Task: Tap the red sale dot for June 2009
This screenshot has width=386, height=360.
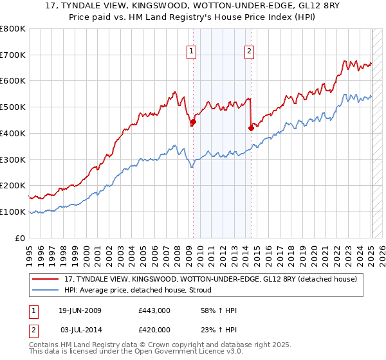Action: coord(193,122)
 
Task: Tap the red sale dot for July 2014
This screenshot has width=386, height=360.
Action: coord(251,128)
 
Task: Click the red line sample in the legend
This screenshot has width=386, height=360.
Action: coord(46,279)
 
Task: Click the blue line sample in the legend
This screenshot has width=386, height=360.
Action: coord(46,291)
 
